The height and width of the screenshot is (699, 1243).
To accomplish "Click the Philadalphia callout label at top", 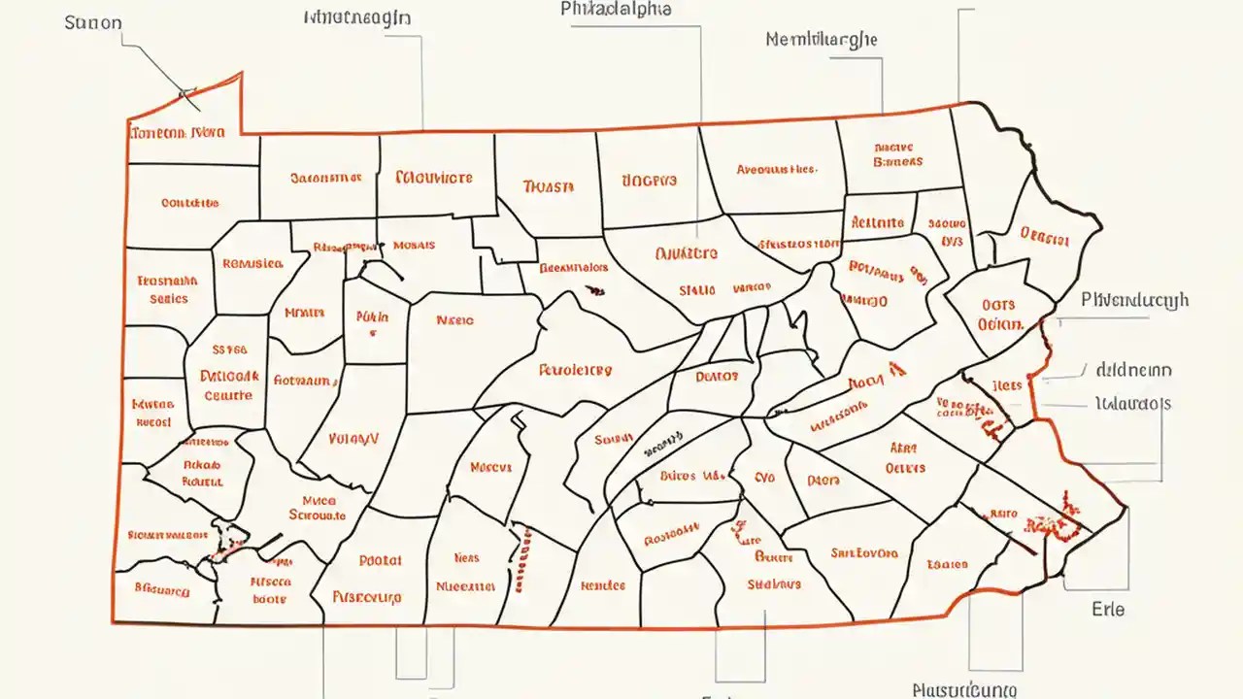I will click(x=617, y=9).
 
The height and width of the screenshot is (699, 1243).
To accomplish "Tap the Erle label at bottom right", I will click(x=1107, y=609).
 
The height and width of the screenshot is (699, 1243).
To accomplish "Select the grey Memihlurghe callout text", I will click(x=821, y=40).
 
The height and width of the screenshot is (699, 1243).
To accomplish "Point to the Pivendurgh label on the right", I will click(x=1134, y=301).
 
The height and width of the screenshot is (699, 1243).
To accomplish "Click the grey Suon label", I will click(x=93, y=22).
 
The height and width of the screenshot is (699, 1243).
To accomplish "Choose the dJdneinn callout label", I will click(x=1133, y=370).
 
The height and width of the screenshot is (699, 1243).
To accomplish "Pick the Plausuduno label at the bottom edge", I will click(x=964, y=689).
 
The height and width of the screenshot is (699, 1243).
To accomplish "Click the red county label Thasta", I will click(x=548, y=185).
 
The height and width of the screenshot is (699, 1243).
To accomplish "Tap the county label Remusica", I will click(x=252, y=263).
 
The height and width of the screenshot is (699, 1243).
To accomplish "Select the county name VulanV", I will click(x=353, y=439).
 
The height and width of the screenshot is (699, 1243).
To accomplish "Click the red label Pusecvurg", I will click(x=366, y=597).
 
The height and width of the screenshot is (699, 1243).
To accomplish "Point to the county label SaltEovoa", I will click(x=864, y=553).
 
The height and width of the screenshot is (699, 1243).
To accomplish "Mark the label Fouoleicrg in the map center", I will click(x=575, y=370).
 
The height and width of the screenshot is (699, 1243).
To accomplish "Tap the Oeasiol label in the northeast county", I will click(x=1044, y=234).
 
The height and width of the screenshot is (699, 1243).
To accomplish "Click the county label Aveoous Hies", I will click(x=775, y=169).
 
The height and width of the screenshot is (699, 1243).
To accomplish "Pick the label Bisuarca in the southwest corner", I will click(x=160, y=587).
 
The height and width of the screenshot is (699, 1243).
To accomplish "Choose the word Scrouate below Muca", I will click(x=318, y=516).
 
